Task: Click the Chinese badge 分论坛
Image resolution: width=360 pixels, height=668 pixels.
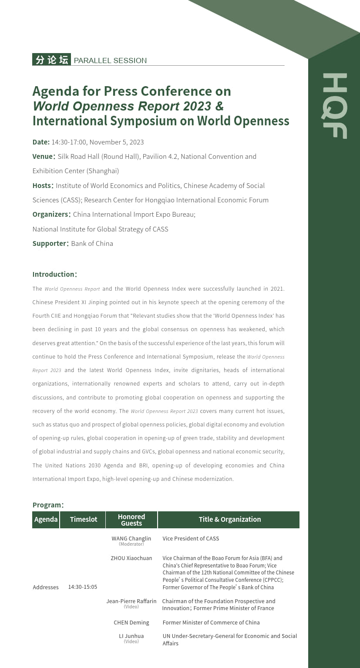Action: tap(51, 60)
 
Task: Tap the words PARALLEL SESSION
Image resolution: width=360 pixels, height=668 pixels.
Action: tap(110, 60)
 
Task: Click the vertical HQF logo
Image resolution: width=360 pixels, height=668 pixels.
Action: tap(334, 106)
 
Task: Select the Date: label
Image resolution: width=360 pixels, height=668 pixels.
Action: tap(41, 142)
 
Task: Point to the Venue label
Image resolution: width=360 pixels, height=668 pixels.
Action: tap(43, 156)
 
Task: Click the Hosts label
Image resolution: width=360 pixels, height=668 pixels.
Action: tap(42, 185)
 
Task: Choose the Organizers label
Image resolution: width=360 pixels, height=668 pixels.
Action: tap(50, 214)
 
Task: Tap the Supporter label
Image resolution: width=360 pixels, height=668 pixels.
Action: tap(50, 243)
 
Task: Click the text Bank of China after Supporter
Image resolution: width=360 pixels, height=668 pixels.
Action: tap(92, 243)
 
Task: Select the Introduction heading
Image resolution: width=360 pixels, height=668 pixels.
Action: tap(54, 274)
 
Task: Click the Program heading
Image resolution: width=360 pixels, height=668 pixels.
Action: tap(48, 505)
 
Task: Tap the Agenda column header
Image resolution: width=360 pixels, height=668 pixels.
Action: tap(46, 519)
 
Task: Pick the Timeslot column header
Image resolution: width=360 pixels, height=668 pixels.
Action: tap(84, 519)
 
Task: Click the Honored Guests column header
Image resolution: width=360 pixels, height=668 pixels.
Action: tap(131, 520)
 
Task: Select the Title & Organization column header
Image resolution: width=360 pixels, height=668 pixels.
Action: tap(230, 519)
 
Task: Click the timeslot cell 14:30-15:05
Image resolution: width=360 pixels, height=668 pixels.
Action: tap(83, 587)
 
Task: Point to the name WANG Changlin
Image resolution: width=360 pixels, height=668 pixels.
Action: tap(131, 539)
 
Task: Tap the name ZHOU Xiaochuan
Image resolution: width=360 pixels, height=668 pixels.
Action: tap(131, 558)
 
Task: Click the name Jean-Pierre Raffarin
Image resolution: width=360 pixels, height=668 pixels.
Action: tap(131, 601)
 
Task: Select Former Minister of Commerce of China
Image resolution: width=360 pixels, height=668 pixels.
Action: tap(211, 622)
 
